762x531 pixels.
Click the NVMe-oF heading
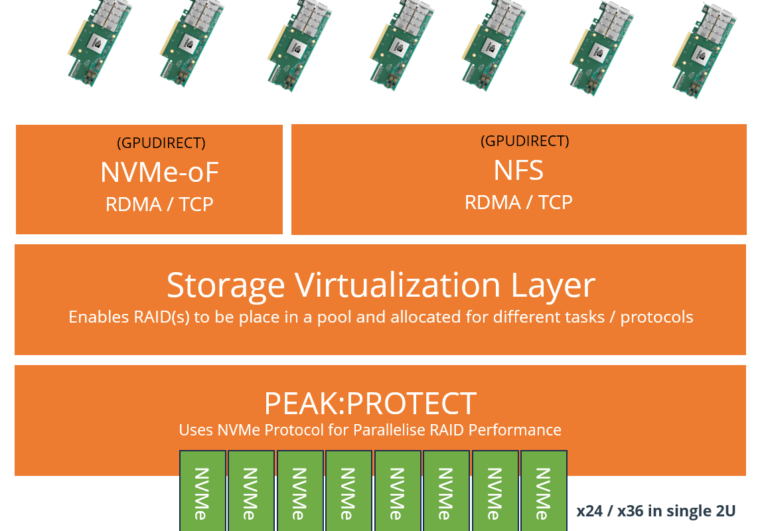(159, 172)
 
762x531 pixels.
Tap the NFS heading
(518, 171)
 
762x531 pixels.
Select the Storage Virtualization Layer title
(380, 285)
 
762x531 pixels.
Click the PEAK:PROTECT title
(370, 404)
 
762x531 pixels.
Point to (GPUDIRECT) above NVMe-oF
(161, 143)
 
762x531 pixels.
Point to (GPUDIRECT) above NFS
(525, 141)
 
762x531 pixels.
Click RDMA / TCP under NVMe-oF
(159, 204)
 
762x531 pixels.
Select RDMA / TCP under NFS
(518, 202)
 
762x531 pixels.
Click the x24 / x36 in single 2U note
(656, 510)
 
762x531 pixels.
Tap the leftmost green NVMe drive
(202, 491)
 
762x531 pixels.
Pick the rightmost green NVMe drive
(544, 491)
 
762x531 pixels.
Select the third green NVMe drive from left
(300, 491)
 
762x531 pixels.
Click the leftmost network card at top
(100, 42)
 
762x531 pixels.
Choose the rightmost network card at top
(704, 50)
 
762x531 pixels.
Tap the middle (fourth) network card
(401, 45)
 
